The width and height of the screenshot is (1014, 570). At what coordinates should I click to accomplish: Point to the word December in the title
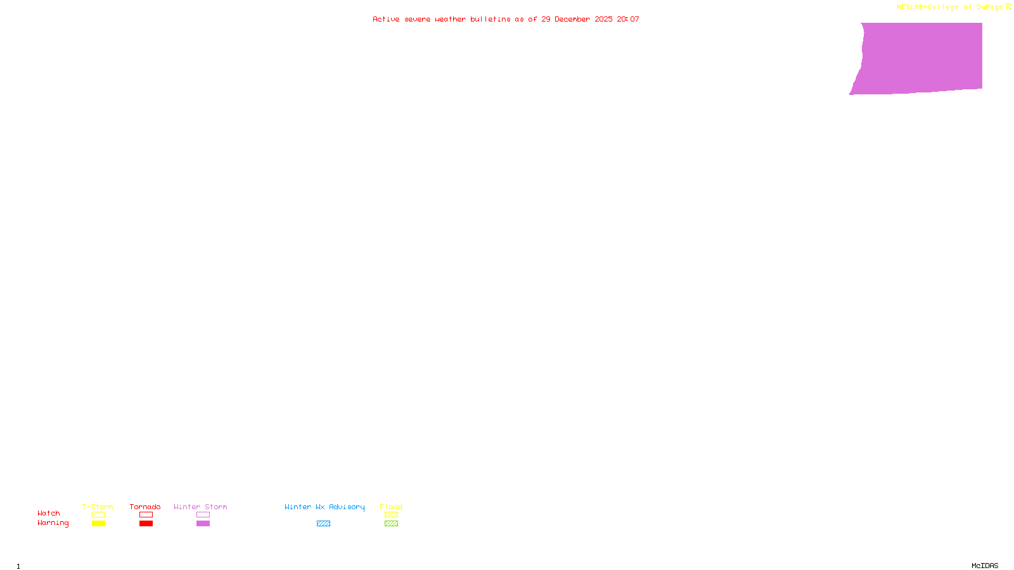[572, 20]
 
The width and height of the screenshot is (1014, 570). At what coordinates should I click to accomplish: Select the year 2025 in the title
[603, 20]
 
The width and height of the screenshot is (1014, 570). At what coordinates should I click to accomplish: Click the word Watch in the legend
[49, 514]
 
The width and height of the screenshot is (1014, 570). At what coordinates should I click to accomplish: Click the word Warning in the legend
[53, 523]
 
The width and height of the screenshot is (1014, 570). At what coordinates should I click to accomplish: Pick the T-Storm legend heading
[98, 507]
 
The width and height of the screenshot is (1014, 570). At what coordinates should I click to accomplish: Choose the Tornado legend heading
[145, 507]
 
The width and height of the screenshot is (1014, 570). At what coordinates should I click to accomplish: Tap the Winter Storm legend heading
[200, 507]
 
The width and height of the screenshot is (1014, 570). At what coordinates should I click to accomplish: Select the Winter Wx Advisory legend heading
[324, 507]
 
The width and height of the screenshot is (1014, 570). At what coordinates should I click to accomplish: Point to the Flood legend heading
[391, 507]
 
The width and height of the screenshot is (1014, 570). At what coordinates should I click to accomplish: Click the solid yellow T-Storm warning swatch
[98, 524]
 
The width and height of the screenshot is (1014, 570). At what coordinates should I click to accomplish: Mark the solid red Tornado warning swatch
[146, 524]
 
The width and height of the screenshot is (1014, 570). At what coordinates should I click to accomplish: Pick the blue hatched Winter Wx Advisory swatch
[323, 524]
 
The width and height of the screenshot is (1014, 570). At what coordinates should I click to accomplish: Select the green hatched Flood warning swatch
[391, 524]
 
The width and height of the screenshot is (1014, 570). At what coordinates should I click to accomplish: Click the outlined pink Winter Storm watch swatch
[203, 515]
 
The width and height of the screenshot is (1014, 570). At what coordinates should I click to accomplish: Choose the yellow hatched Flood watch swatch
[391, 515]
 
